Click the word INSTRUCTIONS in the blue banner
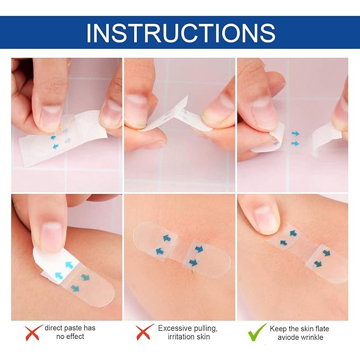click(x=181, y=33)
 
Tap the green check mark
click(x=257, y=333)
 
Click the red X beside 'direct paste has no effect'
click(x=33, y=332)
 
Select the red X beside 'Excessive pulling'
click(x=144, y=332)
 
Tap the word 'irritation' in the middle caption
click(x=181, y=337)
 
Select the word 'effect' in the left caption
click(x=76, y=337)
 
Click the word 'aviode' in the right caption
click(x=286, y=337)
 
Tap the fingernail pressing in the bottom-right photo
click(x=266, y=220)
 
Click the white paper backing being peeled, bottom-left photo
click(x=55, y=266)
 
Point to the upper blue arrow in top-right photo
click(x=295, y=134)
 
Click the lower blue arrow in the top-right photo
click(x=295, y=144)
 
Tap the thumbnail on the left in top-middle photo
click(x=137, y=110)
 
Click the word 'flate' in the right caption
click(x=322, y=329)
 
